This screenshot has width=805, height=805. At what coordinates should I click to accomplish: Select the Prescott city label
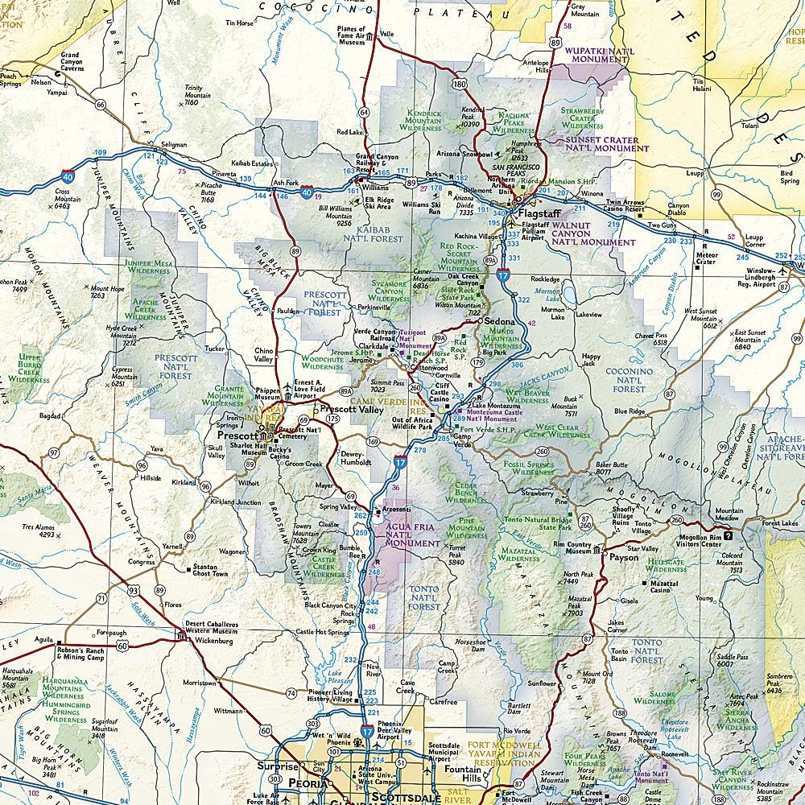click(238, 436)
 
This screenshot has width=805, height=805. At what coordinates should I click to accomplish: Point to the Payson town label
click(624, 556)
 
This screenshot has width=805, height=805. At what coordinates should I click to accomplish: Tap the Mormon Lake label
click(552, 309)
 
